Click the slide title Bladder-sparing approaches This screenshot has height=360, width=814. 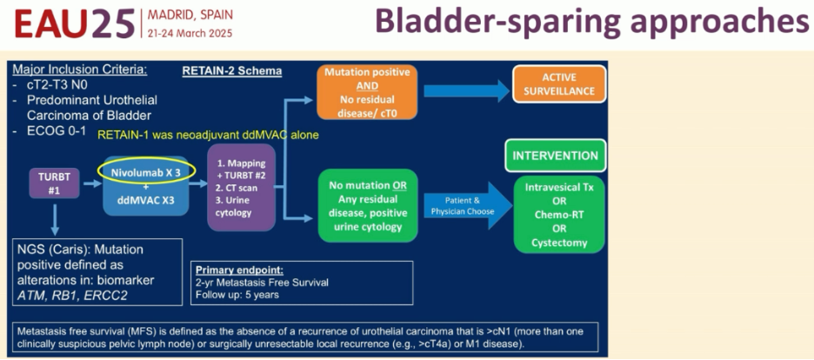pos(591,23)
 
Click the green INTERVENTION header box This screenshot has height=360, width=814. pos(555,156)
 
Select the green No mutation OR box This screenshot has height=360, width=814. pos(367,205)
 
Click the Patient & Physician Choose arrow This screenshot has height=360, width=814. pos(466,204)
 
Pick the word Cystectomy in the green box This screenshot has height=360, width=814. pos(559,243)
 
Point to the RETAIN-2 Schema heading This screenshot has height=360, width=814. pos(232,70)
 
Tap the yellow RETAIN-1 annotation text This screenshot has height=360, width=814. pos(208,136)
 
